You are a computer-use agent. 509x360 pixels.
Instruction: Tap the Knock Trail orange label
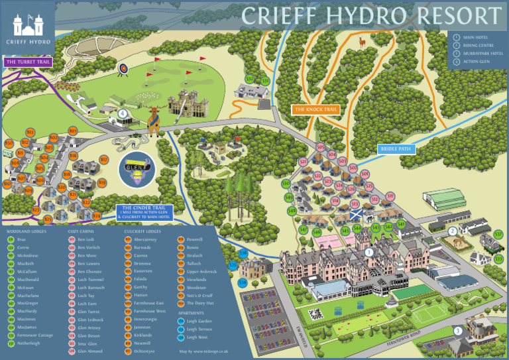point(315,109)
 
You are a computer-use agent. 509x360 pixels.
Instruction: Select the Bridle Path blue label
point(396,149)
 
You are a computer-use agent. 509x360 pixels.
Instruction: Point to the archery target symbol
point(123,68)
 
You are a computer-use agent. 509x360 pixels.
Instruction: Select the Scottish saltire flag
point(356,215)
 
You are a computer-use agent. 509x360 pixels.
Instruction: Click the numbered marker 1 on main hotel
point(369,252)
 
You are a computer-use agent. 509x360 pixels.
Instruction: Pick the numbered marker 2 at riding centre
point(452,231)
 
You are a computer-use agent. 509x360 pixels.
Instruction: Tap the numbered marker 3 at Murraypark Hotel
point(457,331)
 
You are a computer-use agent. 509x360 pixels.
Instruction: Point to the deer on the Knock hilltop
point(361,43)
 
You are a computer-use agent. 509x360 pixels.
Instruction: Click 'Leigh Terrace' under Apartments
point(200,329)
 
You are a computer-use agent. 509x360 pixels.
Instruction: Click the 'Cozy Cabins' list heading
point(82,231)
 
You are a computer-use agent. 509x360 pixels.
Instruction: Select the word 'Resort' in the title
point(452,16)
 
